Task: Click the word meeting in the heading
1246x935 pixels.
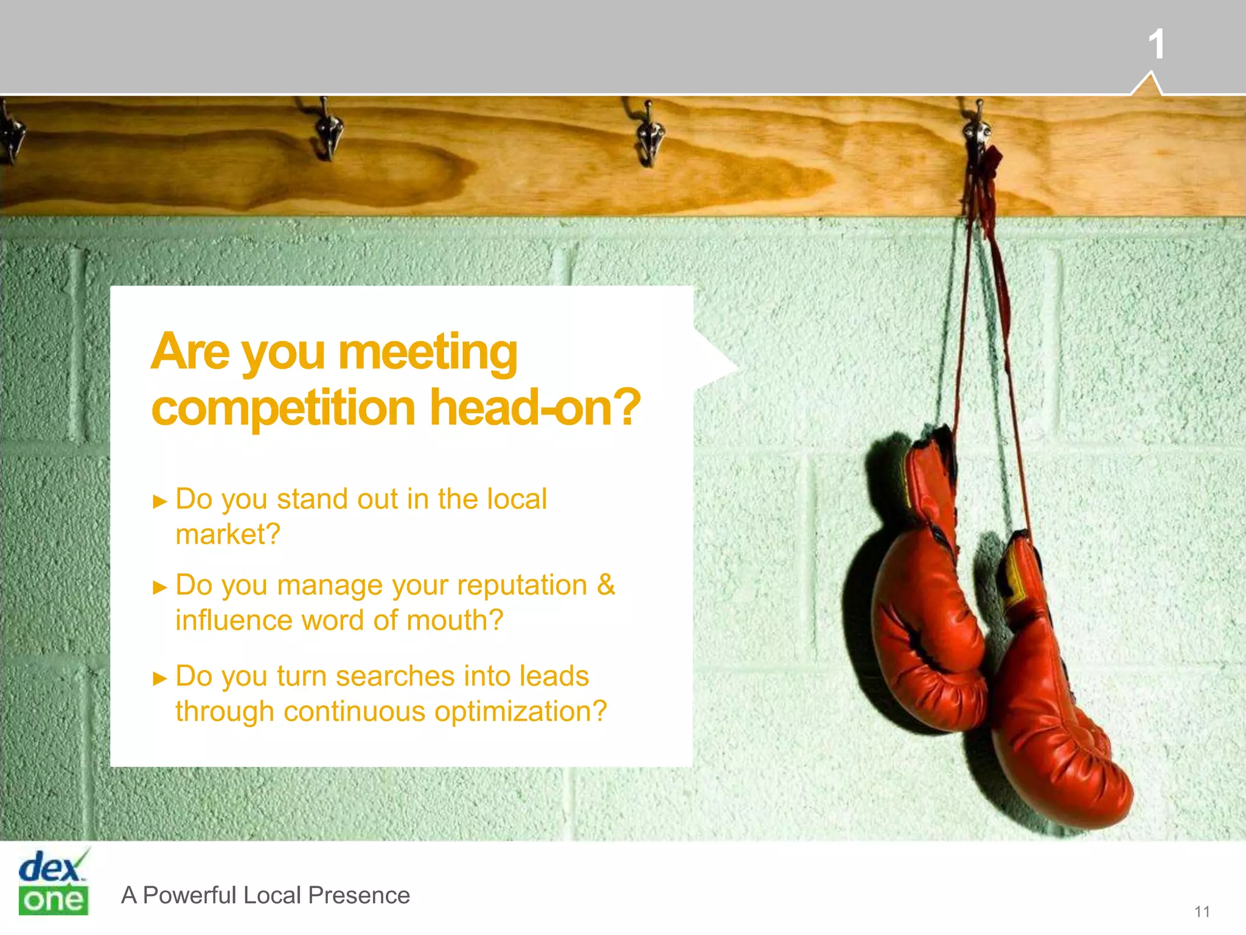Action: pyautogui.click(x=428, y=353)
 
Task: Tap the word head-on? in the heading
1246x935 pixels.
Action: pyautogui.click(x=535, y=408)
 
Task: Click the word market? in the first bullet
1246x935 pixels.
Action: pyautogui.click(x=228, y=534)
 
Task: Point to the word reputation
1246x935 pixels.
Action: pyautogui.click(x=521, y=586)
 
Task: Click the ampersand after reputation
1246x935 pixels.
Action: pyautogui.click(x=605, y=584)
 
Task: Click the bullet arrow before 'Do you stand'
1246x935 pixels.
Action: pyautogui.click(x=160, y=502)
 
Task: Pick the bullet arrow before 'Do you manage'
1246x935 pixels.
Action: pyautogui.click(x=160, y=588)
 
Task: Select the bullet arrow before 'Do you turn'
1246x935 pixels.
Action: pyautogui.click(x=160, y=679)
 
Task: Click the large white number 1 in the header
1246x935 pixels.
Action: pyautogui.click(x=1156, y=44)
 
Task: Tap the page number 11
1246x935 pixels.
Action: pyautogui.click(x=1202, y=911)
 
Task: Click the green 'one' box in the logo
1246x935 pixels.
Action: pyautogui.click(x=54, y=900)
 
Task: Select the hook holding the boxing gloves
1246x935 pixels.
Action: pyautogui.click(x=978, y=131)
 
